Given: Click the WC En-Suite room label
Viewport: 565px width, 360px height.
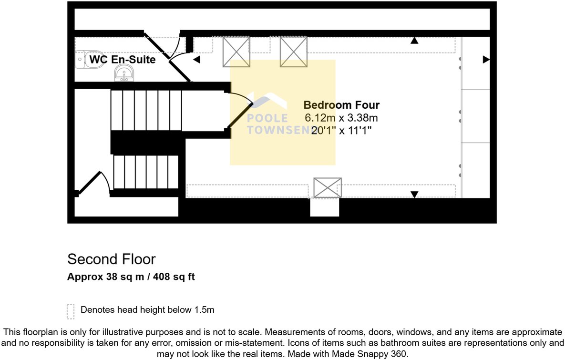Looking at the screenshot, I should (123, 60).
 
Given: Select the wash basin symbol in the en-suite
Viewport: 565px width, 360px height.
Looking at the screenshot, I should (124, 74).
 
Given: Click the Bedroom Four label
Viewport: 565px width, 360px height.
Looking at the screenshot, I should (341, 105).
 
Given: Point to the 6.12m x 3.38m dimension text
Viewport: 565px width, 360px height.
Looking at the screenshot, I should (341, 118).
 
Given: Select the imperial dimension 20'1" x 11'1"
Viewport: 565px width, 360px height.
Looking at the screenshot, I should (341, 130).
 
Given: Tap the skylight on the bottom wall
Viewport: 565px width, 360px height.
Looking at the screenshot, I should (328, 187).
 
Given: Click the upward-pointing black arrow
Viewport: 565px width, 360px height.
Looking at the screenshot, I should (414, 41).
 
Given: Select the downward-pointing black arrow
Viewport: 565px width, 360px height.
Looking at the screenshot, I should (414, 194).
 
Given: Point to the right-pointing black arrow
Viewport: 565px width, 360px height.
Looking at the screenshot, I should (486, 60).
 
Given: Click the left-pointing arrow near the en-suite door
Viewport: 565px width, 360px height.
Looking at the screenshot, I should (196, 60).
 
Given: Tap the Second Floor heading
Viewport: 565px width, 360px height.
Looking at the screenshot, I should (112, 259).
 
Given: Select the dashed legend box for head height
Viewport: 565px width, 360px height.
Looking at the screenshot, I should (71, 311).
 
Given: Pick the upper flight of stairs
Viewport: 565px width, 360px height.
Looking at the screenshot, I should (146, 110).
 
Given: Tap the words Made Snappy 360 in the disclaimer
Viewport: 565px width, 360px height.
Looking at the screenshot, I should (379, 354).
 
